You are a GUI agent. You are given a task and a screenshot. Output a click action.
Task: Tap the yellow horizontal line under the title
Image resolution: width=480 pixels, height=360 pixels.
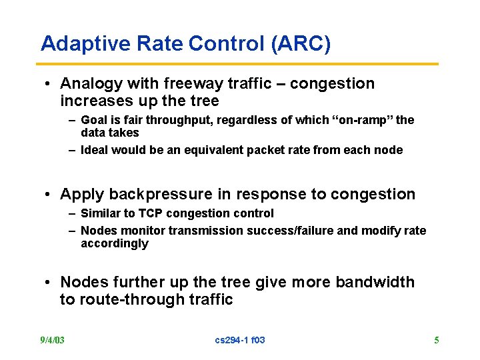point(239,64)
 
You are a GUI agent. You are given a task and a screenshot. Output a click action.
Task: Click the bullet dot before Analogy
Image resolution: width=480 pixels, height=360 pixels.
point(49,85)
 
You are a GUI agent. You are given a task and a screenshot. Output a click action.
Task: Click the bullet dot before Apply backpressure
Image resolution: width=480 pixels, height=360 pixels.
point(49,195)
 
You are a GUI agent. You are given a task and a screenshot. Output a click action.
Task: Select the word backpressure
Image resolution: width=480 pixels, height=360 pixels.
point(151,195)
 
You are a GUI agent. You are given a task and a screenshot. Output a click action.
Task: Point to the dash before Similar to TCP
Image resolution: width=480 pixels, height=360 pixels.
point(71,213)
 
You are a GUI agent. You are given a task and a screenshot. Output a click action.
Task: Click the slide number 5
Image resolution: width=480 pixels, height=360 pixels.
point(437,340)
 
